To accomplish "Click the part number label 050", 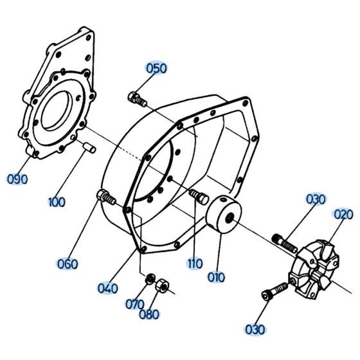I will click(156, 69).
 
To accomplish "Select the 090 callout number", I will click(17, 179).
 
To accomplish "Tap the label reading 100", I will click(57, 203).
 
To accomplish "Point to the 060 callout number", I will click(67, 264).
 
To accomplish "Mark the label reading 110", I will click(195, 264).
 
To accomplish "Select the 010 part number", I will click(216, 278).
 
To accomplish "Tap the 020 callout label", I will click(341, 215).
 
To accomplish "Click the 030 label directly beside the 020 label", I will click(316, 200).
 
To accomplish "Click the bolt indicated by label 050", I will click(138, 98).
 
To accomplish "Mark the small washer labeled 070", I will click(150, 278).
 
